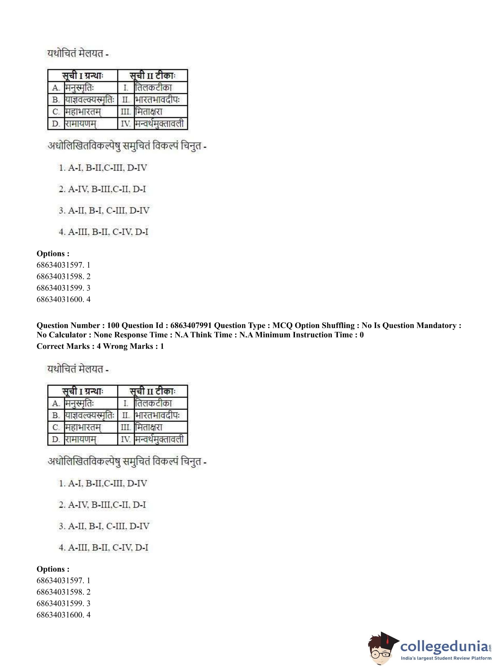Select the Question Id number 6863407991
pyautogui.click(x=191, y=326)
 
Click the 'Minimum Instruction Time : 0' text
pyautogui.click(x=301, y=335)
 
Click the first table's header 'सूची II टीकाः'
pyautogui.click(x=153, y=76)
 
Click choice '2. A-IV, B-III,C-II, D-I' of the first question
pyautogui.click(x=102, y=189)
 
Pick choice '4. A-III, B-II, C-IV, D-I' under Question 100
pyautogui.click(x=103, y=547)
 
